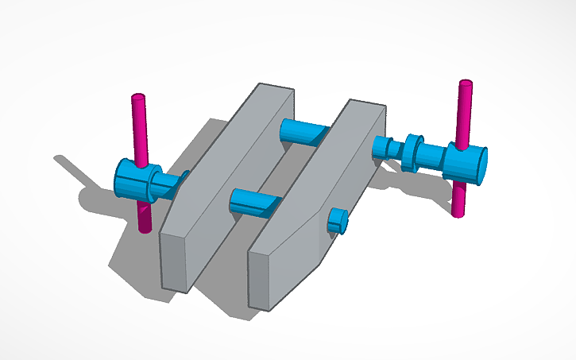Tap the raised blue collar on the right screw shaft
[412, 151]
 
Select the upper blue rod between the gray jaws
[305, 131]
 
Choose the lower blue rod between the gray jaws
[254, 202]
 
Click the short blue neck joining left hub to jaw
[171, 185]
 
